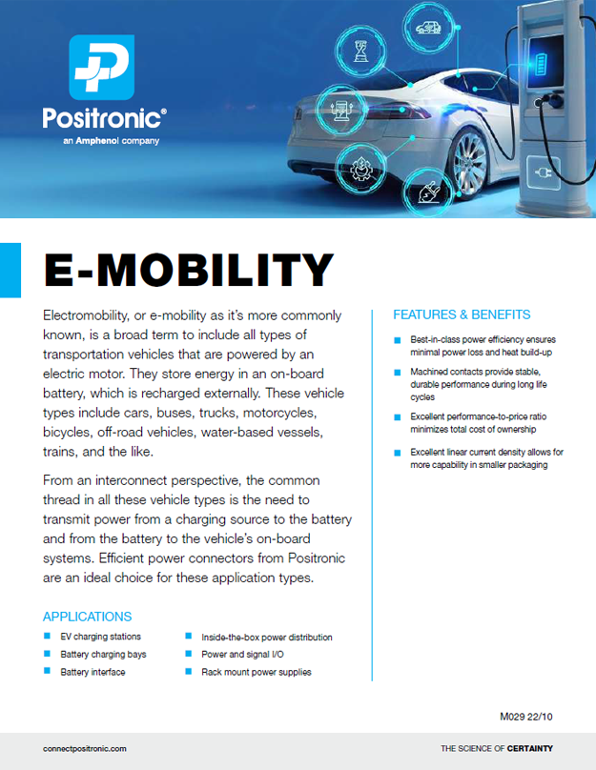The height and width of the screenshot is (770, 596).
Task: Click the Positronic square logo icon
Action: pyautogui.click(x=102, y=68)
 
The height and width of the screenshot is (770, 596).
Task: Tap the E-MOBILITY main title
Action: pyautogui.click(x=189, y=271)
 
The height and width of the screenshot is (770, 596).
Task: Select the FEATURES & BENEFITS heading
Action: pyautogui.click(x=462, y=314)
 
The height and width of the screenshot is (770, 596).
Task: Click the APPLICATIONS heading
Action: pyautogui.click(x=87, y=617)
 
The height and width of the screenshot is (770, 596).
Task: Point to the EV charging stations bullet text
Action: pyautogui.click(x=100, y=637)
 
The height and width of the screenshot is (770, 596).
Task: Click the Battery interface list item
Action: pyautogui.click(x=92, y=672)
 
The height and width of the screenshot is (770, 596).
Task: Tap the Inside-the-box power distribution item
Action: pyautogui.click(x=266, y=637)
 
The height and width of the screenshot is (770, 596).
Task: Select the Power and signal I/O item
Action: pyautogui.click(x=242, y=655)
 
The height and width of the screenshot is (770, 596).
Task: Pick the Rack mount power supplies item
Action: pyautogui.click(x=256, y=672)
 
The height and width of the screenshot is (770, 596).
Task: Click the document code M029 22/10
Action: pyautogui.click(x=526, y=716)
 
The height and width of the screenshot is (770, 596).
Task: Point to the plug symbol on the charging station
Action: pyautogui.click(x=550, y=175)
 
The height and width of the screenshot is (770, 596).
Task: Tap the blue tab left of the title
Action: pyautogui.click(x=10, y=270)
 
